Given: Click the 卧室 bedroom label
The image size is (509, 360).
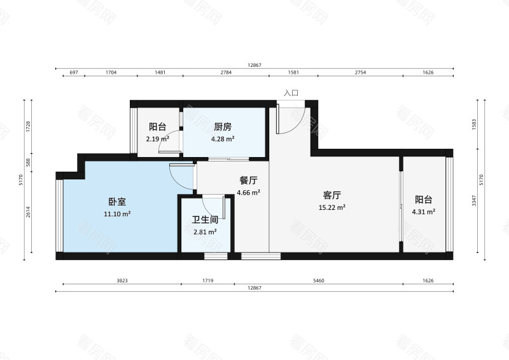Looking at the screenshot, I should point(116,202).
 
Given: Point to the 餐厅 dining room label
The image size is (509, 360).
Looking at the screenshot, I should point(248,181).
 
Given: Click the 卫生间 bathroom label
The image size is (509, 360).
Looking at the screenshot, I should point(205,220).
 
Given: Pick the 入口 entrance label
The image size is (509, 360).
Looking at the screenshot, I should point(291,93).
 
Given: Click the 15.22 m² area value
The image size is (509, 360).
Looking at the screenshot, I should point(332,207).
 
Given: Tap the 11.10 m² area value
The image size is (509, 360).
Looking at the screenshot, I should point(118,214).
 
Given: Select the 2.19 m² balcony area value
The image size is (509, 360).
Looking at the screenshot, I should point(157,139).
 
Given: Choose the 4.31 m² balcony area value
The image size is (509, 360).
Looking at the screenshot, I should point(423,212).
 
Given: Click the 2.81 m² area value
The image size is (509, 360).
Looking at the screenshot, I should point(205,232).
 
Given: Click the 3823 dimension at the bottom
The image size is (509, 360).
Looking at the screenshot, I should point(122,280).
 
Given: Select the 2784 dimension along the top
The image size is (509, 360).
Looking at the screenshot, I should point(226,73).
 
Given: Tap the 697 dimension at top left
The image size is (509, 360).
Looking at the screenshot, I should point(74,73).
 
